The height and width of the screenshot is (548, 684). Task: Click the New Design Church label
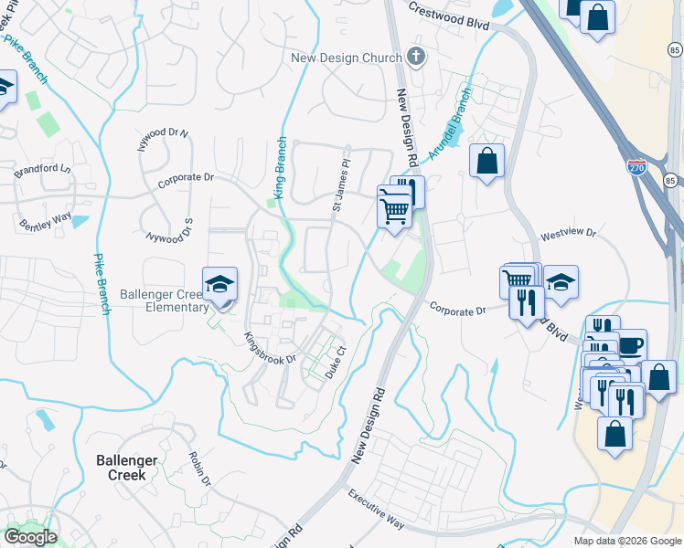[x=347, y=58]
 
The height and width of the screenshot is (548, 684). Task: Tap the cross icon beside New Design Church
[x=416, y=58]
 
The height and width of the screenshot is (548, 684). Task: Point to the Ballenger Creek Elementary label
[x=165, y=301]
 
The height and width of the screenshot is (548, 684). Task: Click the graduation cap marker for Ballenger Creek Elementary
[x=219, y=285]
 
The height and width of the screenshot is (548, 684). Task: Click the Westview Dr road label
[x=568, y=235]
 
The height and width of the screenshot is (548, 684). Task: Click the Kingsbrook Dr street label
[x=270, y=348]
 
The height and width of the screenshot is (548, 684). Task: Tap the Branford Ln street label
[x=41, y=170]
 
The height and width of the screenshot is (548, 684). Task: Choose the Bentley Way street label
[x=46, y=220]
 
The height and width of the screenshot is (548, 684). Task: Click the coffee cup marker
[x=630, y=344]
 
